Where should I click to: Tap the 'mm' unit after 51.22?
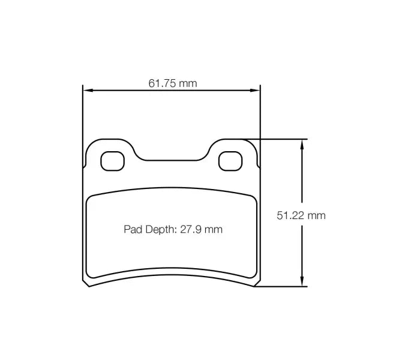point(317,215)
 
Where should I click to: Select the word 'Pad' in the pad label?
point(133,229)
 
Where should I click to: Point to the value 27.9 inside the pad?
point(195,229)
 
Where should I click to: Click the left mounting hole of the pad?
point(111,160)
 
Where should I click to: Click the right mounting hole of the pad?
point(229,160)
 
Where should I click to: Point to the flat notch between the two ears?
point(172,161)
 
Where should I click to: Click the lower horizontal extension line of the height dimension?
point(282,287)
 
